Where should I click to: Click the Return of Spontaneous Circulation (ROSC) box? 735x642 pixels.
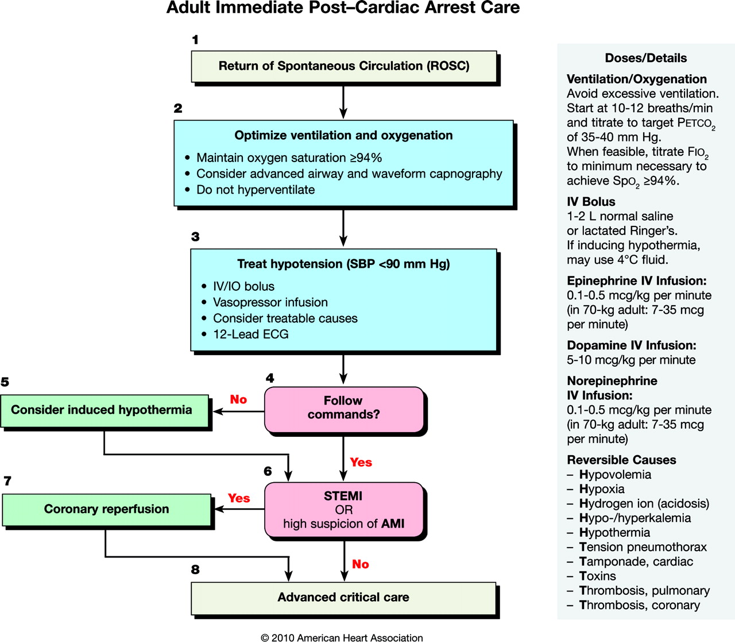tap(344, 67)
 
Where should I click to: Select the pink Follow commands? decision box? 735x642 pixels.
tap(344, 409)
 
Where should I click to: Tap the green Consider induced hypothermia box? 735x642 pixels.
tap(105, 411)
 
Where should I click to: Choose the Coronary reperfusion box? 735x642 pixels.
tap(106, 510)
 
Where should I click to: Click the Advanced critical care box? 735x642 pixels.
tap(343, 598)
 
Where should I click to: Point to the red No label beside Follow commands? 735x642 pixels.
tap(238, 399)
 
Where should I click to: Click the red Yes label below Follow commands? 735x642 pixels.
tap(361, 462)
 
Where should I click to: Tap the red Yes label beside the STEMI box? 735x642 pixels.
tap(239, 498)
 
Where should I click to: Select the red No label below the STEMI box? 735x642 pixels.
tap(360, 564)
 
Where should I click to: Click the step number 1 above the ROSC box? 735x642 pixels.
tap(195, 40)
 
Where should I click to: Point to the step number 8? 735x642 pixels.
tap(195, 570)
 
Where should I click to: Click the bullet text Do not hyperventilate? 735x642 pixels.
tap(256, 190)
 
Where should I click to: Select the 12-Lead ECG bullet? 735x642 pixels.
tap(251, 335)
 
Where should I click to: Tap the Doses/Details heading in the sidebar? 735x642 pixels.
tap(645, 58)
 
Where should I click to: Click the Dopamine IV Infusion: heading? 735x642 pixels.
tap(632, 345)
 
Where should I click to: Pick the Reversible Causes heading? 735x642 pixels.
tap(621, 460)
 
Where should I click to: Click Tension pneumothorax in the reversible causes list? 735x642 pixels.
tap(643, 547)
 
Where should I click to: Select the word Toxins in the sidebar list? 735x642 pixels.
tap(597, 576)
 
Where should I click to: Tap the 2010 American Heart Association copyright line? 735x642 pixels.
tap(342, 637)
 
